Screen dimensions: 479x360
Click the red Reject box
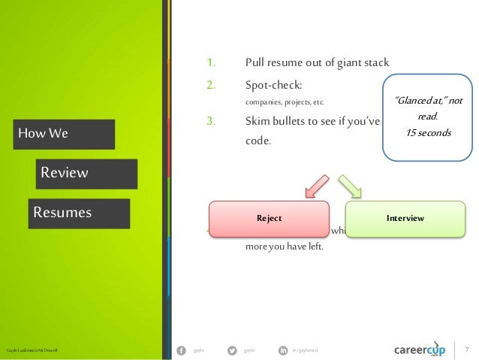(269, 218)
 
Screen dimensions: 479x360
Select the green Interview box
(405, 218)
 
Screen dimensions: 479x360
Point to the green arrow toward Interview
(350, 186)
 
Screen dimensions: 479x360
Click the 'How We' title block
(64, 134)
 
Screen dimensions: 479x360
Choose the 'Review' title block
(86, 173)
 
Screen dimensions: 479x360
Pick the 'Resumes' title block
(79, 213)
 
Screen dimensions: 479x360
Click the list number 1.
(211, 62)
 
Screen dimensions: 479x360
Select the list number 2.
(211, 85)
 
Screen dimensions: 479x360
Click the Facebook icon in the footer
(180, 349)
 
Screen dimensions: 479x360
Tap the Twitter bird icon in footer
(231, 349)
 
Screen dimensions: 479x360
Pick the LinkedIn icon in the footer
(282, 349)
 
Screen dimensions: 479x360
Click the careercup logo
(421, 349)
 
